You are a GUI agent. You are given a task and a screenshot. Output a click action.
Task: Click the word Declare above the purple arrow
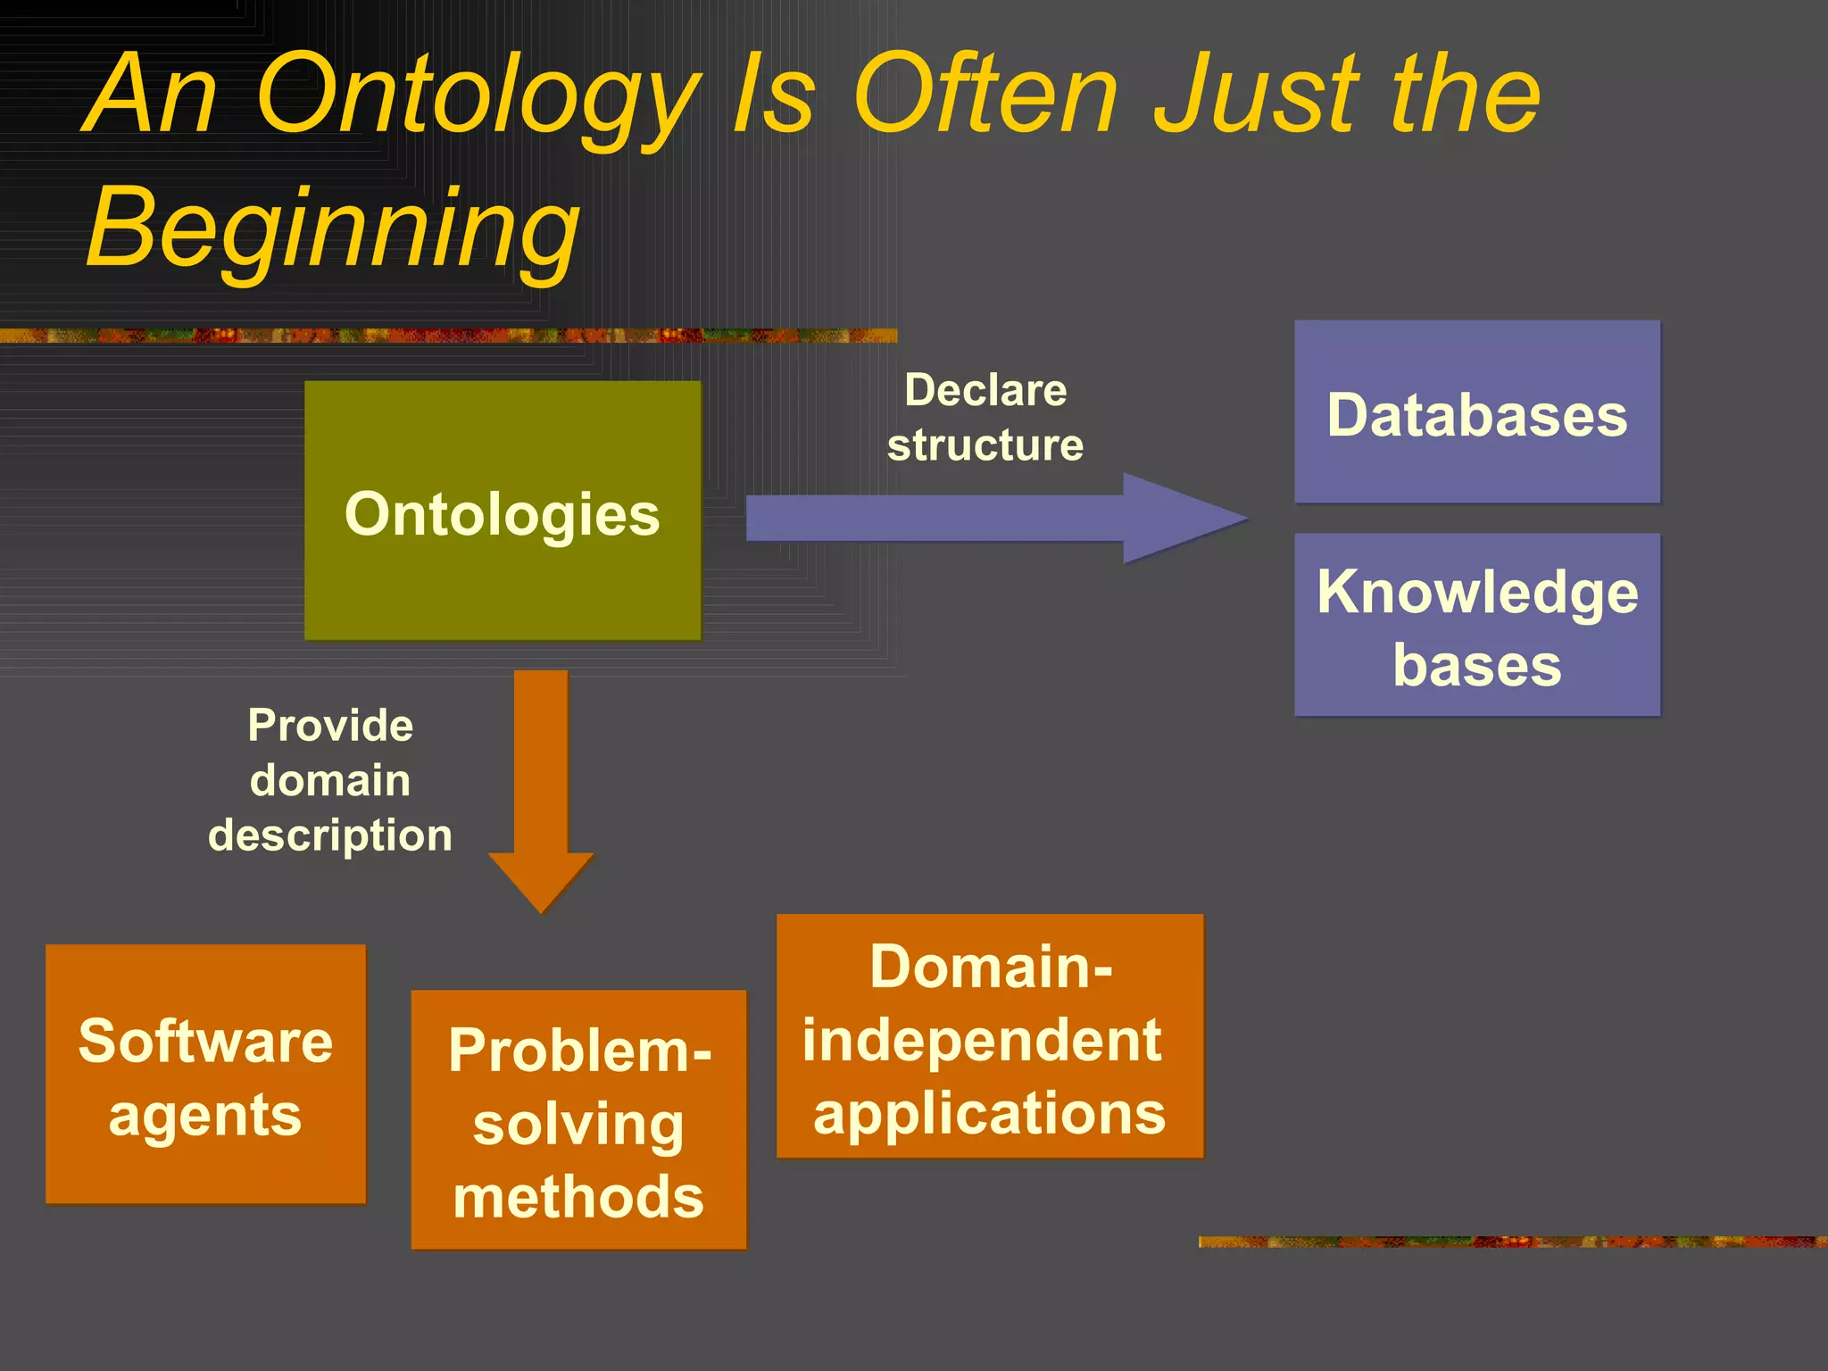coord(985,390)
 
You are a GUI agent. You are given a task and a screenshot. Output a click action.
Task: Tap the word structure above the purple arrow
coord(985,445)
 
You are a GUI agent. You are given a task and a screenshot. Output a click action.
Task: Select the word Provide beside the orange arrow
coord(330,725)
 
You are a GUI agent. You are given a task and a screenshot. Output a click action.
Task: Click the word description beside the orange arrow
coord(330,835)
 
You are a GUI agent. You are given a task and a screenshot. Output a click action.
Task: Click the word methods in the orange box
coord(578,1197)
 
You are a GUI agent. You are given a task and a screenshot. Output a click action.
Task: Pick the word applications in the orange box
coord(990,1114)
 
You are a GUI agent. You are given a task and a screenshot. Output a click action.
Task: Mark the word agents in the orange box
coord(205,1116)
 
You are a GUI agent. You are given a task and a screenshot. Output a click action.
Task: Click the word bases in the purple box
coord(1477,665)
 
